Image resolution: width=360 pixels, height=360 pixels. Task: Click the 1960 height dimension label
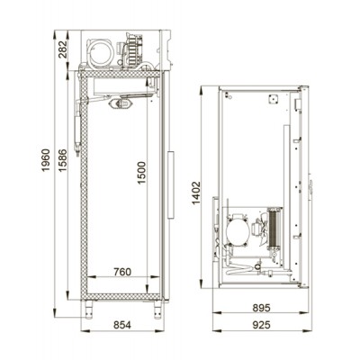click(x=45, y=160)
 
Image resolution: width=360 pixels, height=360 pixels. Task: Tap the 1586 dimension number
click(x=62, y=160)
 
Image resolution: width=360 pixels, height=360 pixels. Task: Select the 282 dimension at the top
click(x=64, y=49)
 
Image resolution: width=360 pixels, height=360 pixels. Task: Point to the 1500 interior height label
click(x=141, y=173)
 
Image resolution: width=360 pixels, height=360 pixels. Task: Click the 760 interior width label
click(x=122, y=272)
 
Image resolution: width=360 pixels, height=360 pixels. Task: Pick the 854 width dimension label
click(x=122, y=325)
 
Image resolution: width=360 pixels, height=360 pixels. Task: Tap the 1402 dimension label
click(x=195, y=193)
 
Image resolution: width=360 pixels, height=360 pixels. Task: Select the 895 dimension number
click(x=261, y=308)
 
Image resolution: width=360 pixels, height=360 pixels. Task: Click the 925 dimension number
click(x=261, y=325)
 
